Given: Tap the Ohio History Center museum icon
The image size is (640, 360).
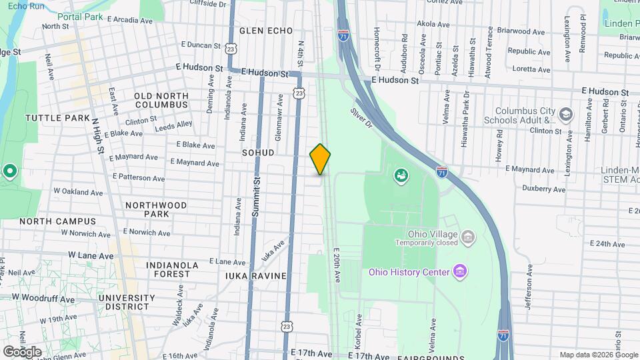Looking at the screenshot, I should pyautogui.click(x=459, y=271).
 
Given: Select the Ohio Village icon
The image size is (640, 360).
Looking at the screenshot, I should pyautogui.click(x=468, y=236).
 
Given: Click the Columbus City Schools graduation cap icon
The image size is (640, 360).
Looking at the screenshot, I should pyautogui.click(x=566, y=115).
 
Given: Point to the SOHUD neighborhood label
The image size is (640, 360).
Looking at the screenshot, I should pyautogui.click(x=259, y=153).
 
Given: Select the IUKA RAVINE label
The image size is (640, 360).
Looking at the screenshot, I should pyautogui.click(x=256, y=276).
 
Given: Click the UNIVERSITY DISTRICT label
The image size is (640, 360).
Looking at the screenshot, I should pyautogui.click(x=123, y=302).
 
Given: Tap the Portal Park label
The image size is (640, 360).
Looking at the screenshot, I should pyautogui.click(x=84, y=17).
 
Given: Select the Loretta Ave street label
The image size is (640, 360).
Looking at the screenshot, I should pyautogui.click(x=531, y=69).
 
